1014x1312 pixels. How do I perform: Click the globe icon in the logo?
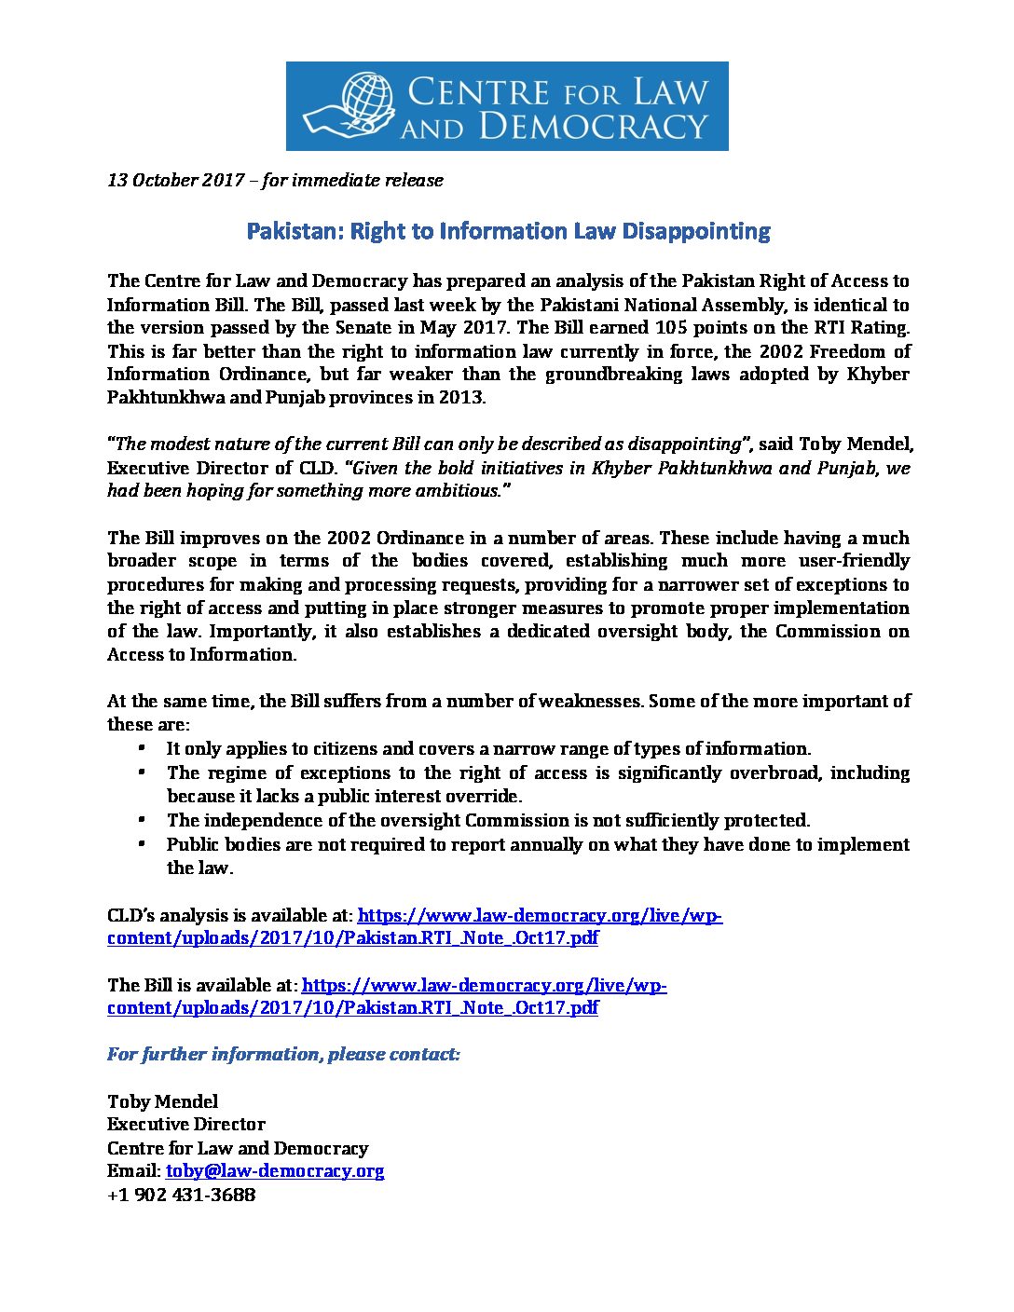(x=369, y=99)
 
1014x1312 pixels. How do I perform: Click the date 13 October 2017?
(x=175, y=180)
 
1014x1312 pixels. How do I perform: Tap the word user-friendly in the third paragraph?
(x=854, y=561)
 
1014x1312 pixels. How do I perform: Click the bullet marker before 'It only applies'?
(x=142, y=748)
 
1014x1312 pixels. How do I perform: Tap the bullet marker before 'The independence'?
(x=142, y=820)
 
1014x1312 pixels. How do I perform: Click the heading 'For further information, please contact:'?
(x=283, y=1055)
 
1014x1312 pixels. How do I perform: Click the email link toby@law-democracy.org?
(x=275, y=1171)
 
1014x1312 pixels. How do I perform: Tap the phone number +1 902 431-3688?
(x=181, y=1195)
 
